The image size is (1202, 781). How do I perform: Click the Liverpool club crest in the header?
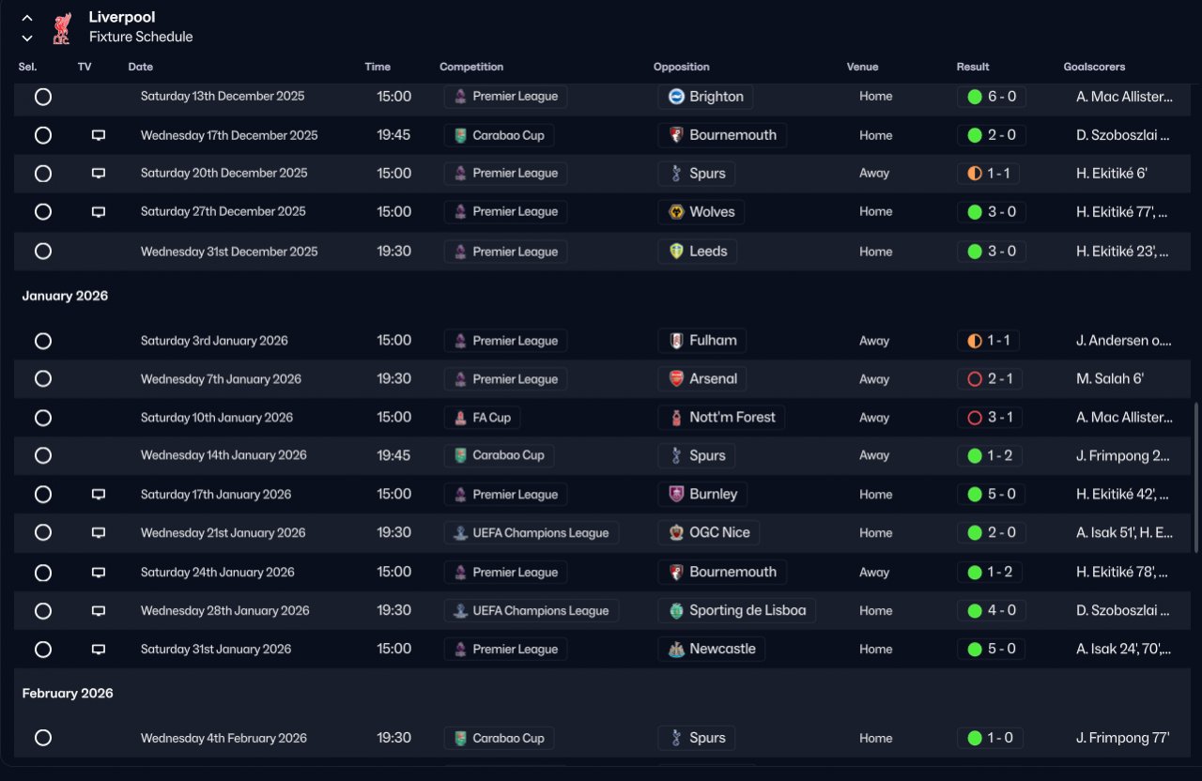click(61, 27)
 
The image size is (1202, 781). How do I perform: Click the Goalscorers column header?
click(1094, 67)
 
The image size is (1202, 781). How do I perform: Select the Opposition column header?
click(681, 67)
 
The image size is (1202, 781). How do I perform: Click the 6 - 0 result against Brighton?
click(992, 97)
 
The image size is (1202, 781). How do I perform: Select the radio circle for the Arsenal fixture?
click(42, 379)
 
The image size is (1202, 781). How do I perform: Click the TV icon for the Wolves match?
click(99, 212)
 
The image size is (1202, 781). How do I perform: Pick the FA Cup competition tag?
click(483, 418)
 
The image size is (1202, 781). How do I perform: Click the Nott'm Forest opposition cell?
click(721, 418)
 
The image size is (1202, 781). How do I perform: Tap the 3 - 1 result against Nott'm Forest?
click(992, 418)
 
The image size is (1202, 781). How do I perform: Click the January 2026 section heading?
click(65, 296)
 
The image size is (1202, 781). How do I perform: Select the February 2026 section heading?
click(68, 693)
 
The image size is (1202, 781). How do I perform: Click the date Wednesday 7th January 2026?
click(221, 379)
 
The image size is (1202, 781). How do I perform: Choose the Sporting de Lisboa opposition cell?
click(736, 610)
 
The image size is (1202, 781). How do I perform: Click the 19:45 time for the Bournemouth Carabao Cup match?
click(393, 135)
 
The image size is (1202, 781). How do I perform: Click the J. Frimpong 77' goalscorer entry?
click(1122, 738)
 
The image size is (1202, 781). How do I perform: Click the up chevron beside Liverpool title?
click(27, 18)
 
